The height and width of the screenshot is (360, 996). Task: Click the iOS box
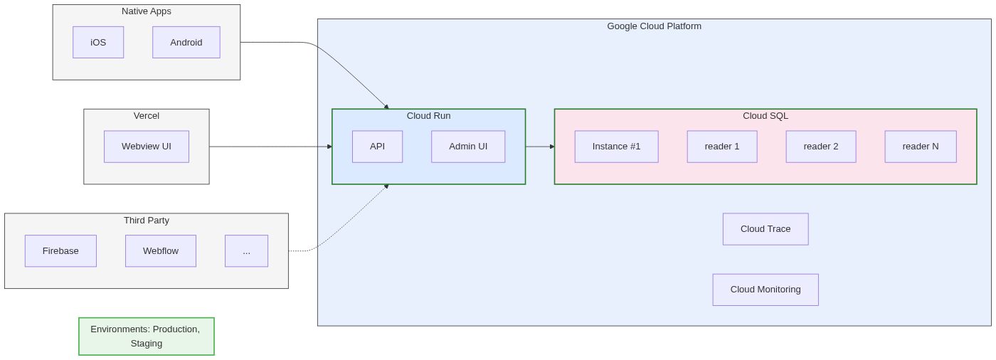(x=98, y=43)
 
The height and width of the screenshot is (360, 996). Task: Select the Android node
(x=186, y=43)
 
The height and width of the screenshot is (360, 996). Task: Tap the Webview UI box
(x=147, y=147)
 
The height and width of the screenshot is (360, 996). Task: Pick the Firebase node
(x=60, y=251)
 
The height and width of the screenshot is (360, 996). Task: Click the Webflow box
(x=161, y=251)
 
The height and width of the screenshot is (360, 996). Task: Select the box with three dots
(x=246, y=251)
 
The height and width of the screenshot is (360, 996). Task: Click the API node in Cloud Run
(x=377, y=147)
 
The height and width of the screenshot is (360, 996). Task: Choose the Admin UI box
(x=468, y=147)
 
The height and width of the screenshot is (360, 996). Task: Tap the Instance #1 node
(x=616, y=147)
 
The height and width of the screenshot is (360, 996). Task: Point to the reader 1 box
(x=722, y=147)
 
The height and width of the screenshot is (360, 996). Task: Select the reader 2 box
(x=821, y=147)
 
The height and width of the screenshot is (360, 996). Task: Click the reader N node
(x=921, y=147)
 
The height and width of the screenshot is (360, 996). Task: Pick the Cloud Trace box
(x=765, y=229)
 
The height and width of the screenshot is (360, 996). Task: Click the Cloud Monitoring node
(x=765, y=290)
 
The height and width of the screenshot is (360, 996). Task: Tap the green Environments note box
(x=147, y=336)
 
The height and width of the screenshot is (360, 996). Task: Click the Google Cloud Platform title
(x=654, y=26)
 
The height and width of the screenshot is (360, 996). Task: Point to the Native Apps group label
(x=147, y=11)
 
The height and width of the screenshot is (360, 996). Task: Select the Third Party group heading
(x=147, y=221)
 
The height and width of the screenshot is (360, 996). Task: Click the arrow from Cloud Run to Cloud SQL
(x=539, y=147)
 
